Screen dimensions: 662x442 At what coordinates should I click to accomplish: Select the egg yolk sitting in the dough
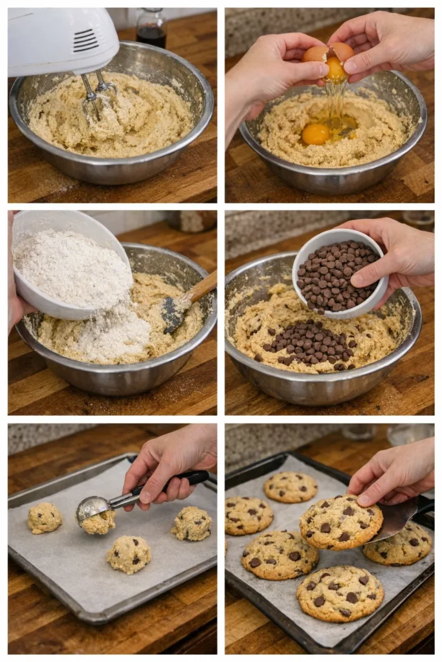(x=315, y=134)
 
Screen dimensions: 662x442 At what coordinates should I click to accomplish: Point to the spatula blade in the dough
(x=173, y=313)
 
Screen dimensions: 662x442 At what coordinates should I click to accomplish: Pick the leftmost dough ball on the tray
(x=44, y=518)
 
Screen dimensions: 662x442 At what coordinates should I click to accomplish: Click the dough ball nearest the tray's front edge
(x=129, y=554)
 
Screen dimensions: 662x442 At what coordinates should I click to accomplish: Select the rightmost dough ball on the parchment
(x=192, y=523)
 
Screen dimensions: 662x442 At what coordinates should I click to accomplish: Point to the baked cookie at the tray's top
(x=291, y=487)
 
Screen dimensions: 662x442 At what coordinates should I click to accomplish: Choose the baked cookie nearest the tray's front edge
(x=340, y=593)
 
